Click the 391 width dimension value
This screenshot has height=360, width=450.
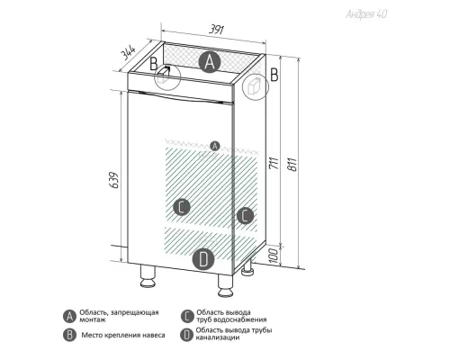coord(216,30)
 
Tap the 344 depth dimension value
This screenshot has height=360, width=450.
coord(128,53)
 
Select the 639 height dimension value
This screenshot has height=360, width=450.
coord(114,180)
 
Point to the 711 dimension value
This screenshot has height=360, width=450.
coord(274,162)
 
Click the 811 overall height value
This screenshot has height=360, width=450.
coord(292,165)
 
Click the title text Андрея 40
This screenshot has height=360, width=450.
coord(366,14)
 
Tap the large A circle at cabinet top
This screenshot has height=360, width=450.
coord(210,62)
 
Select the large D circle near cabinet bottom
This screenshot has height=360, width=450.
coord(203,259)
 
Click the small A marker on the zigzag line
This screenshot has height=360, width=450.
coord(214,146)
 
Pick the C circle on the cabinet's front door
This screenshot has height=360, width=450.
coord(182,207)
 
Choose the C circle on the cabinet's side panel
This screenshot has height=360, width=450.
coord(245,215)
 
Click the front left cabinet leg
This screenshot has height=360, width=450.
coord(148,276)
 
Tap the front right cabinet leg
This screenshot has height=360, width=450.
coord(225,285)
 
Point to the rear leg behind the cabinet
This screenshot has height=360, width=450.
coord(247,267)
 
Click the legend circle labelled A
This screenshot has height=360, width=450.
coord(69,316)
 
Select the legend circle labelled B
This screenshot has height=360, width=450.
coord(69,335)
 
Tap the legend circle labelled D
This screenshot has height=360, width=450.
coord(186,335)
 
